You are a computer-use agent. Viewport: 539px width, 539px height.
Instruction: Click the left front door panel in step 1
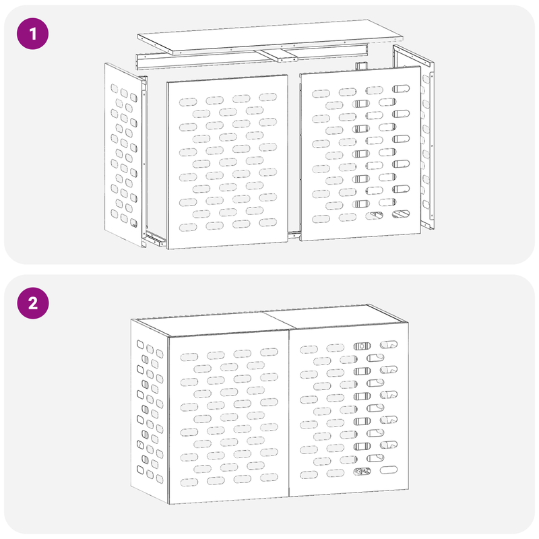[227, 162]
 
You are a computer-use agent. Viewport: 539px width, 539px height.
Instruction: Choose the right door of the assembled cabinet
[347, 418]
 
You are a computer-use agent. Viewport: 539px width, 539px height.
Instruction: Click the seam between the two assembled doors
[288, 418]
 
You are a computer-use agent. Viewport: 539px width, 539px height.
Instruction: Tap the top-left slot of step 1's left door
[189, 101]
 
